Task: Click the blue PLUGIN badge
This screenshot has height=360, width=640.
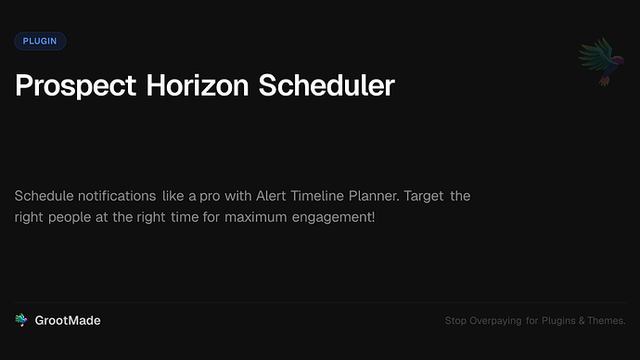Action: [x=40, y=41]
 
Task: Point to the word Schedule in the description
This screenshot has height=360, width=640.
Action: [x=45, y=197]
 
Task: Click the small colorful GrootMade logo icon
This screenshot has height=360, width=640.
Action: [x=21, y=320]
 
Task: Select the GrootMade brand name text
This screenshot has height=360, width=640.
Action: [x=68, y=320]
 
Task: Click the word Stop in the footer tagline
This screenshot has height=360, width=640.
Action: [x=456, y=321]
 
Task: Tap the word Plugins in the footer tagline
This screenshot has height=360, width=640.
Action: [x=565, y=321]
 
